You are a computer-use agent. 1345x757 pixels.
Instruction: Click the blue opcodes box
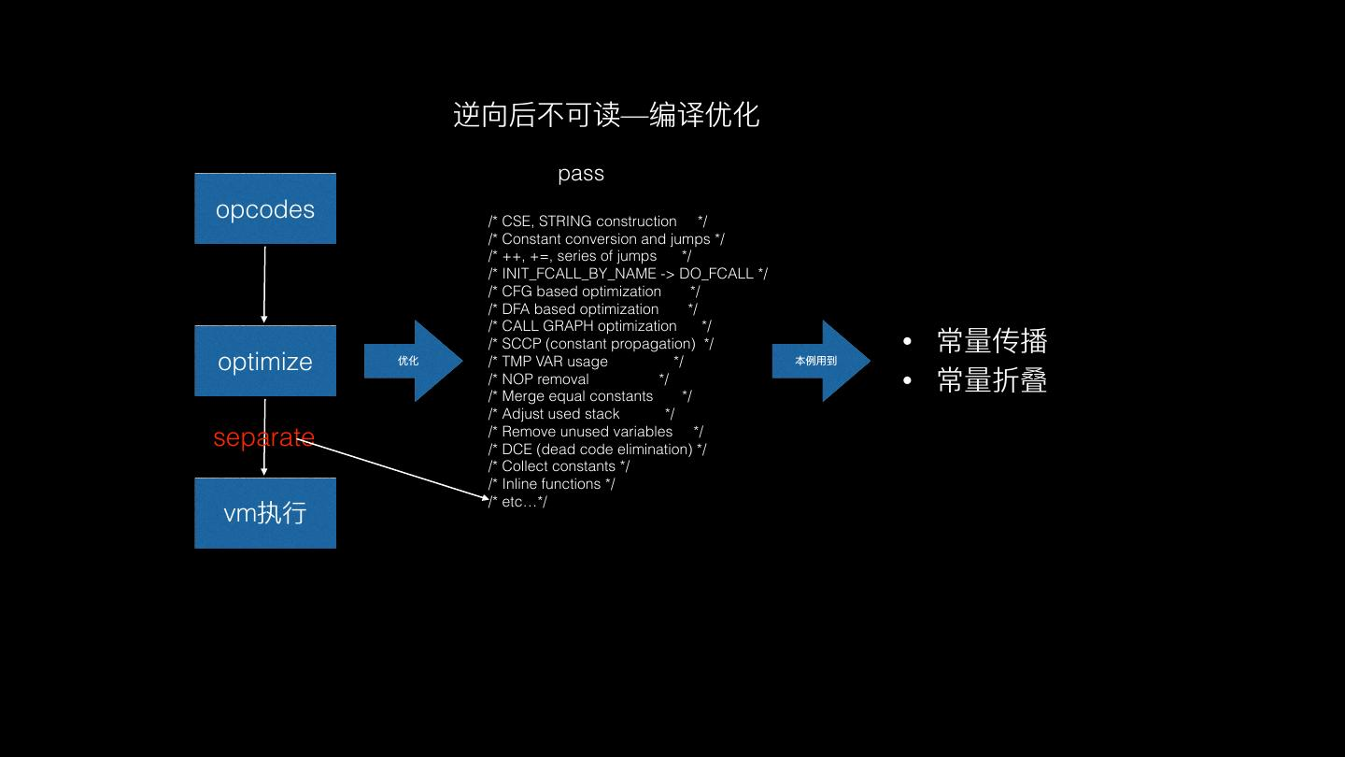265,208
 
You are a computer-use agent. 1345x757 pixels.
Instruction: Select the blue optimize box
265,361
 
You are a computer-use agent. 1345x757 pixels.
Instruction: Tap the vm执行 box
265,513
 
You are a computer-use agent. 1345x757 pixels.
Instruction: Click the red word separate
263,436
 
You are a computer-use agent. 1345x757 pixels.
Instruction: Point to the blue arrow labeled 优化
412,361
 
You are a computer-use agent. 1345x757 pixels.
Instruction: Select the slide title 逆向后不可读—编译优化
606,115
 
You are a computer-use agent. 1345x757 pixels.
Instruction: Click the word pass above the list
581,174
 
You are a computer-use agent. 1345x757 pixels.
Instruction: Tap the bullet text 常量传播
992,341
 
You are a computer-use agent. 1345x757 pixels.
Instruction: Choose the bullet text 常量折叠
992,380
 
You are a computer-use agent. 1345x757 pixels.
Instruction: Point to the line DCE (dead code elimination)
597,450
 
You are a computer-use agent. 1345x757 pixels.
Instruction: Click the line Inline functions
551,484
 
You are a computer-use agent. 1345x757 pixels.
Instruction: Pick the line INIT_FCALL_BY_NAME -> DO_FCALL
628,274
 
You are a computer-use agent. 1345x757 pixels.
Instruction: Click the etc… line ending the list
518,502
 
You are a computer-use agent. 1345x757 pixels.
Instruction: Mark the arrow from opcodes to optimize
264,284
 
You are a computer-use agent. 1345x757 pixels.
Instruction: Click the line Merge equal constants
589,396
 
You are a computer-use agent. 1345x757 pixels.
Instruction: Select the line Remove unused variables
595,432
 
